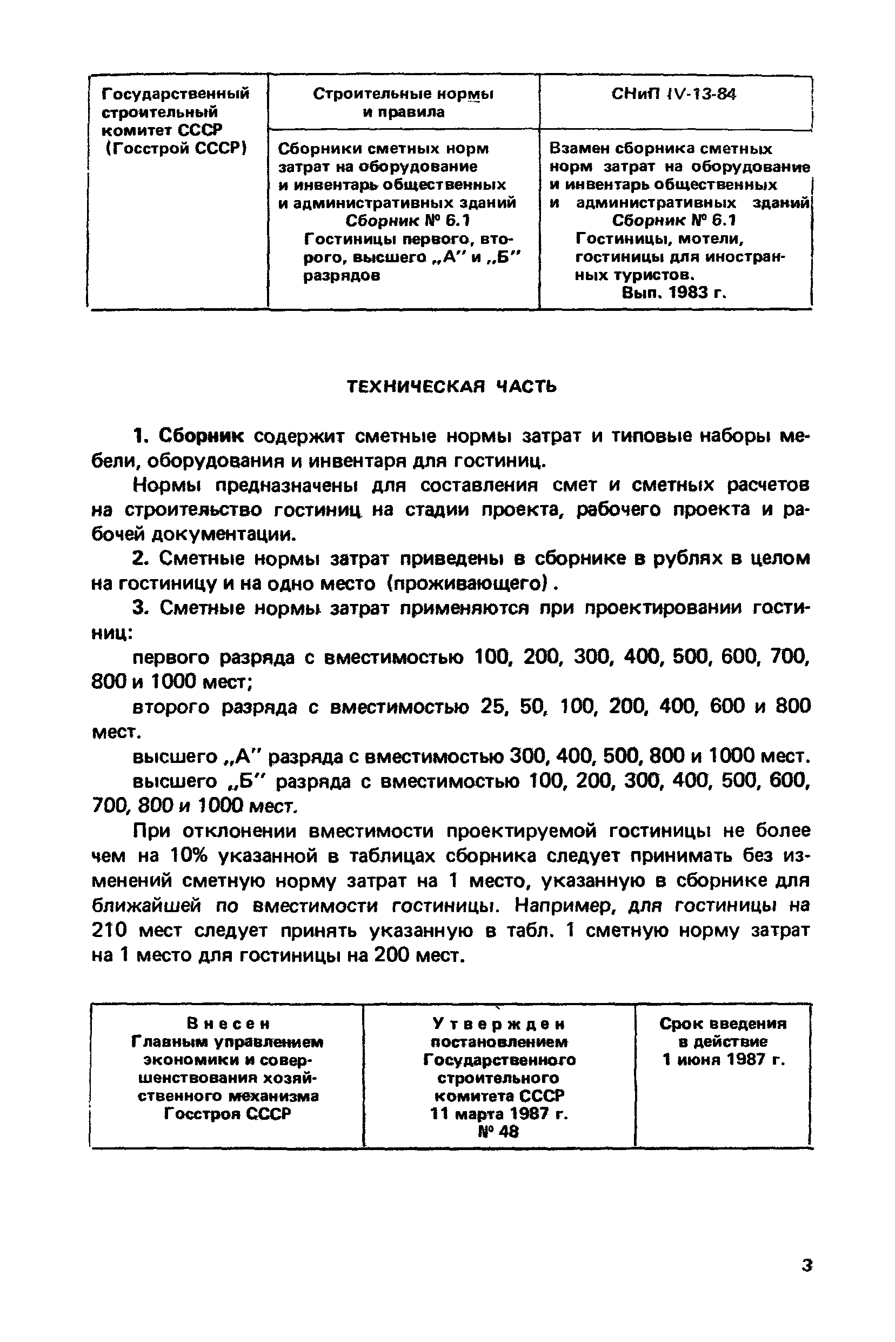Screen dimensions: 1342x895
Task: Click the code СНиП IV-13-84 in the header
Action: coord(673,94)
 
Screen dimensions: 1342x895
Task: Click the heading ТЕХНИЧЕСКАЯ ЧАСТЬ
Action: coord(451,387)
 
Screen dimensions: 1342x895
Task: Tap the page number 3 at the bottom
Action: coord(806,1265)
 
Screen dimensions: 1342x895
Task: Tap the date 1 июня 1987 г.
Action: coord(723,1060)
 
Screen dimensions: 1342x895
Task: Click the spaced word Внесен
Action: coord(227,1024)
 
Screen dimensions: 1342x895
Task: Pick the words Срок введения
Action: coord(723,1024)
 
